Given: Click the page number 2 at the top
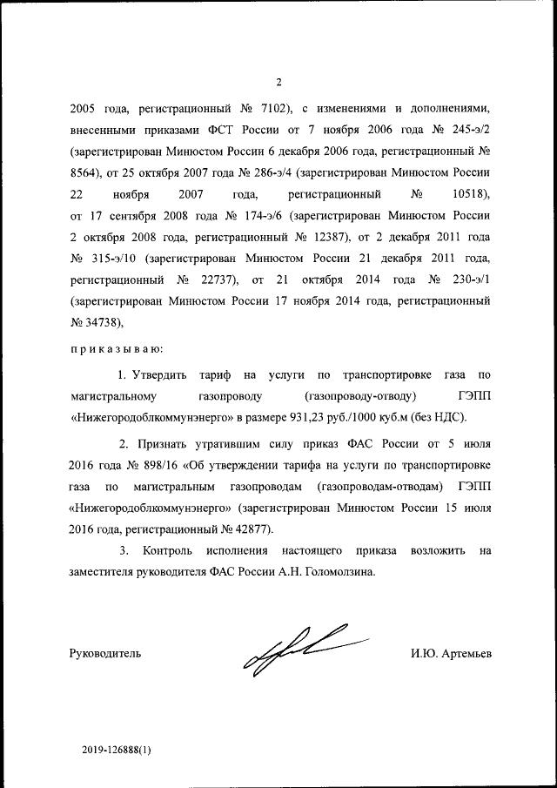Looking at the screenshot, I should click(x=278, y=83).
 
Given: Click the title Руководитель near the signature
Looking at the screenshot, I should click(x=104, y=653).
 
